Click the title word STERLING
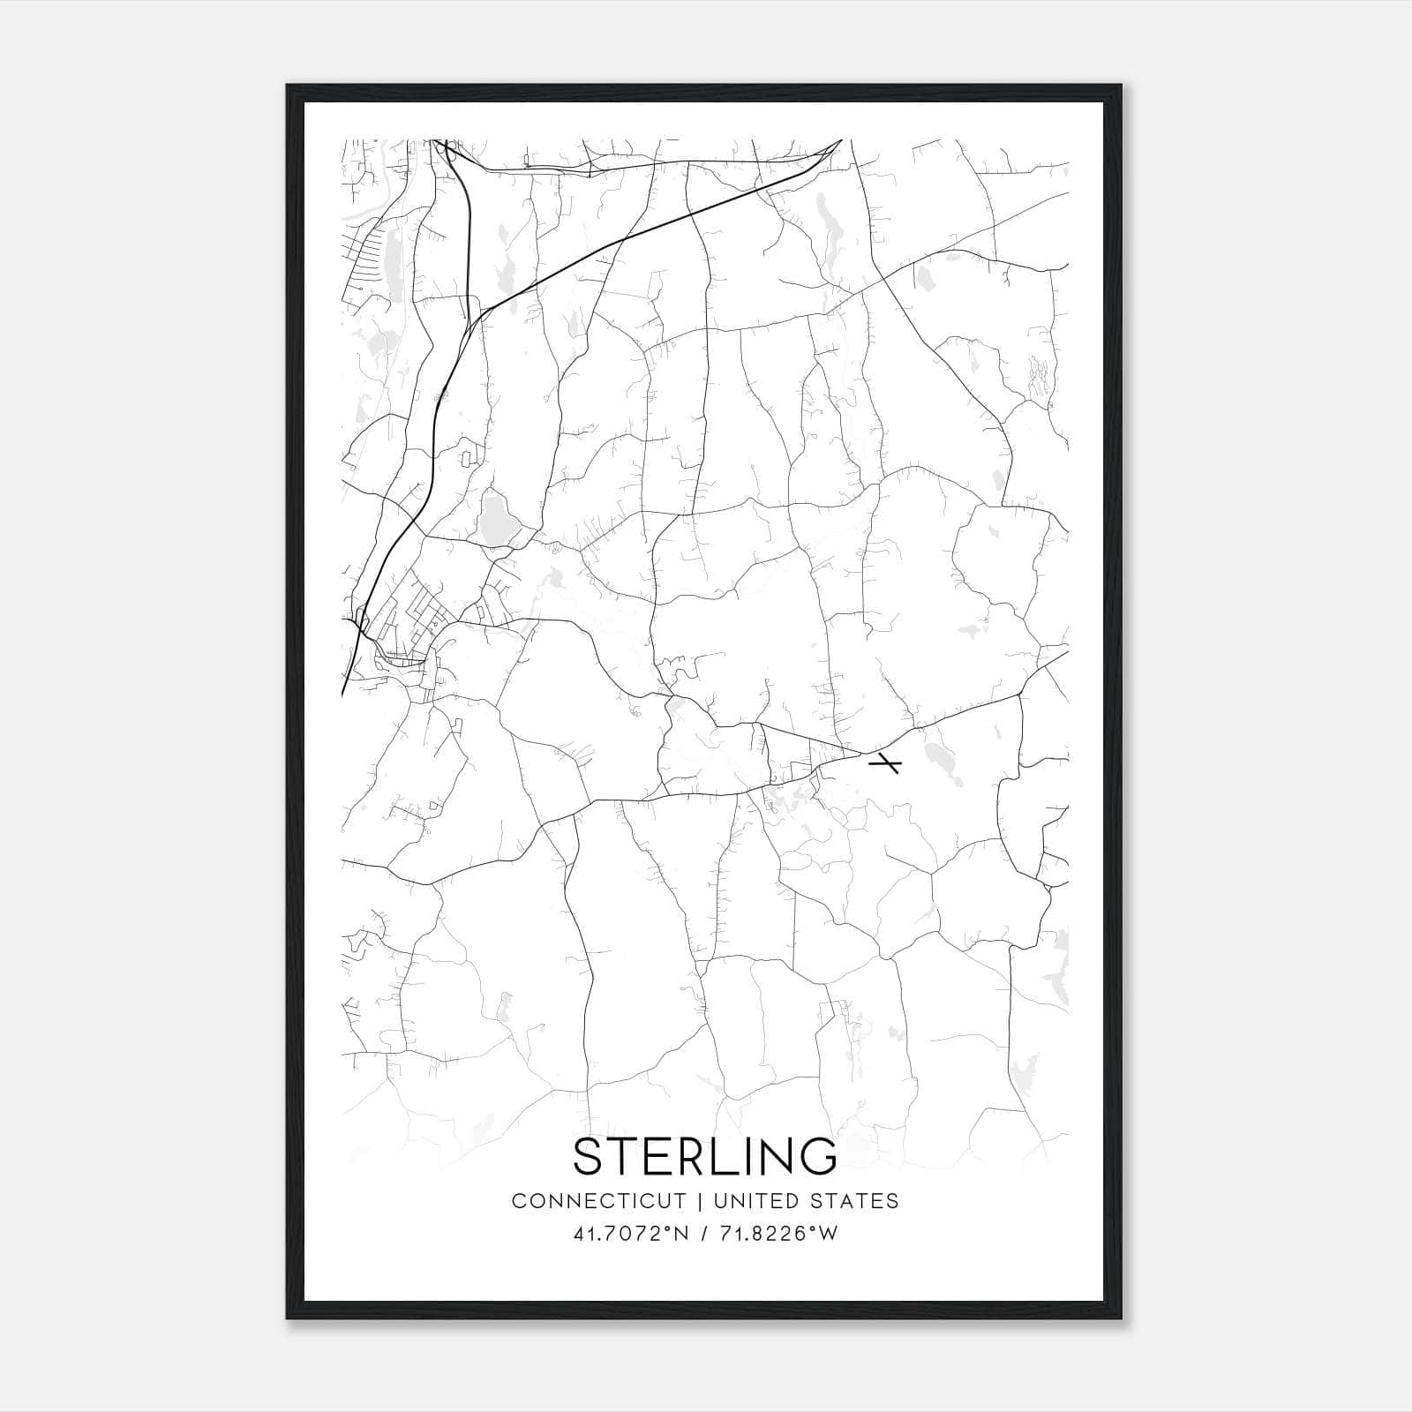pos(705,1156)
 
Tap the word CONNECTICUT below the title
pos(598,1201)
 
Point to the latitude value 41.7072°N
pos(629,1234)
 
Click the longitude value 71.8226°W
pos(777,1234)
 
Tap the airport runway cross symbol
pos(884,763)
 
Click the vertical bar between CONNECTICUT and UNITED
pos(701,1201)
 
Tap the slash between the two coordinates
pos(703,1234)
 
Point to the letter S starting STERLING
pos(589,1156)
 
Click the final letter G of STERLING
pos(820,1156)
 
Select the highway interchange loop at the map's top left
pos(447,150)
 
